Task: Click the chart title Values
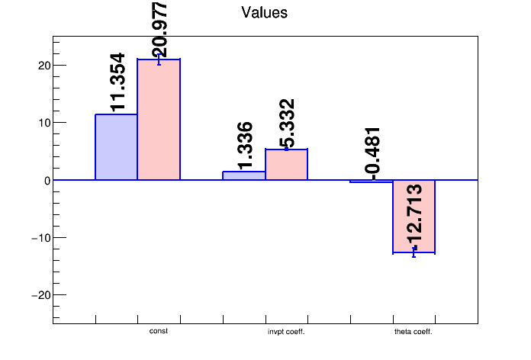(264, 12)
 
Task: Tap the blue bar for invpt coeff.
(244, 176)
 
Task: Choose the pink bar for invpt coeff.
(286, 165)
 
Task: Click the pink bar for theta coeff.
(414, 217)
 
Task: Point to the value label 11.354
(117, 82)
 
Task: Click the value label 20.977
(159, 29)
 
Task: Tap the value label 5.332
(287, 124)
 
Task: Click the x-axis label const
(159, 332)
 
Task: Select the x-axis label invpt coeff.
(286, 332)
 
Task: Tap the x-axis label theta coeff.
(414, 332)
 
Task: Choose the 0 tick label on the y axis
(46, 180)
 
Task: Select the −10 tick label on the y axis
(40, 238)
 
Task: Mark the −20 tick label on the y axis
(40, 295)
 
